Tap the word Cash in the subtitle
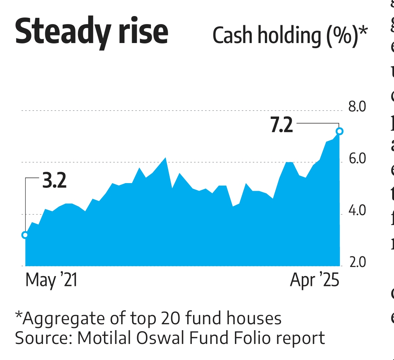[x=231, y=36]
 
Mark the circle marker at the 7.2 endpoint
[x=340, y=131]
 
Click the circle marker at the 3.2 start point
[x=25, y=235]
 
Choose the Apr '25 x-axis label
[x=314, y=281]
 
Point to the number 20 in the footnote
[x=170, y=318]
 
